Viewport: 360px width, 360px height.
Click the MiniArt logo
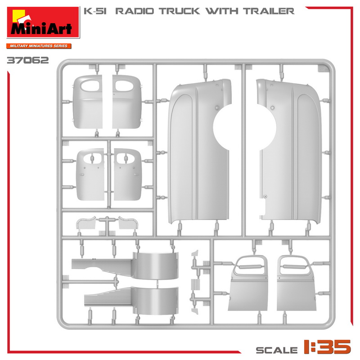(x=43, y=22)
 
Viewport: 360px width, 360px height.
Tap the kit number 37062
(x=28, y=60)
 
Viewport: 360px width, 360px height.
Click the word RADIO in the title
(x=135, y=11)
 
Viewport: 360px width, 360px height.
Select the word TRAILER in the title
(x=269, y=11)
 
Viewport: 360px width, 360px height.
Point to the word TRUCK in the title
(x=179, y=11)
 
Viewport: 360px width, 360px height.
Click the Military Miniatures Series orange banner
(x=39, y=46)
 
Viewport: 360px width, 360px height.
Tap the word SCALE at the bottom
(x=277, y=350)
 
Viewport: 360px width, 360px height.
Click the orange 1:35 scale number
(x=328, y=346)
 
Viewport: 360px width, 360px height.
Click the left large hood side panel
(x=198, y=152)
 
